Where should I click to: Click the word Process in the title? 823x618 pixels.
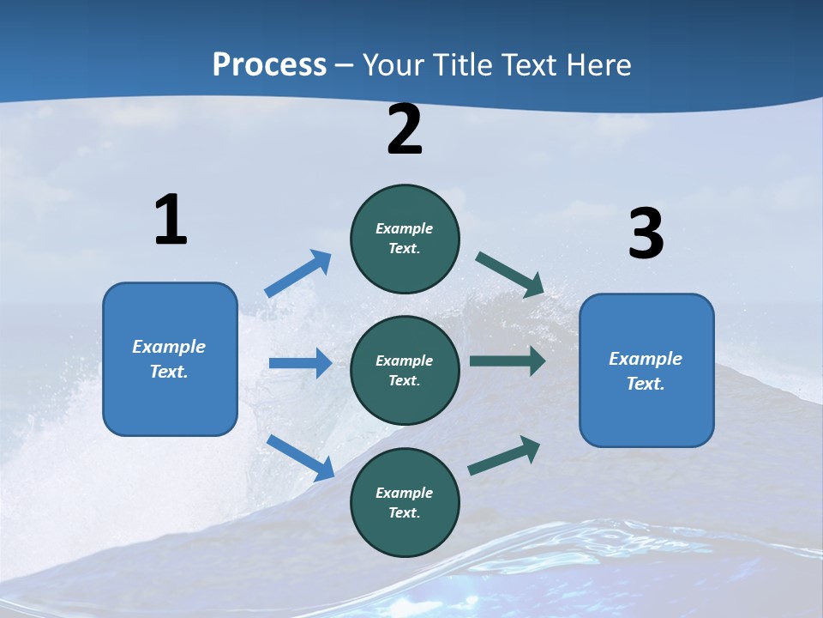pos(269,65)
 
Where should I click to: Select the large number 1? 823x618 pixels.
pos(171,220)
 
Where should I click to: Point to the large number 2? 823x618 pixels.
pos(405,130)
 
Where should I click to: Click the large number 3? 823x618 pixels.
pos(646,233)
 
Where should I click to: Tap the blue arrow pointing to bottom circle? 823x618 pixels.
pos(301,457)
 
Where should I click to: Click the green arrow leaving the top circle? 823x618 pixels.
pos(510,275)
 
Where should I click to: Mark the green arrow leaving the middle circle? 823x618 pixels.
pos(508,361)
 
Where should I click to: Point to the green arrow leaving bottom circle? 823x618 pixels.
pos(504,456)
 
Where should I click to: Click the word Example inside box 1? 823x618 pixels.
pos(169,347)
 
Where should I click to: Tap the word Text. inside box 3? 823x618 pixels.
pos(646,384)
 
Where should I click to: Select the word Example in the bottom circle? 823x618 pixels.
pos(405,493)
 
